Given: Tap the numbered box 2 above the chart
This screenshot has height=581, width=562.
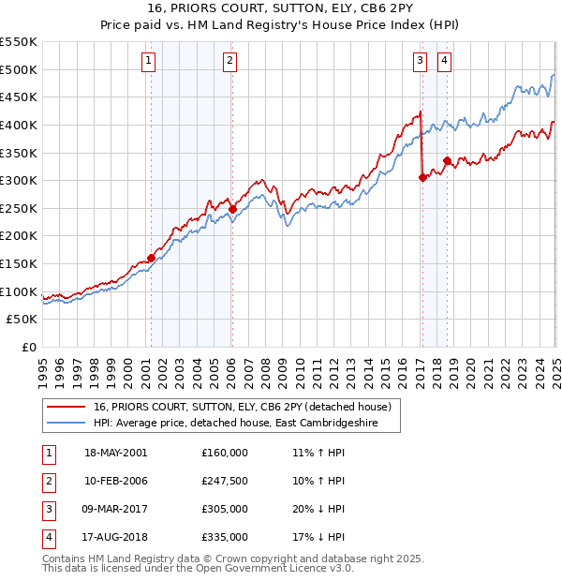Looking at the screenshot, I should (x=229, y=62).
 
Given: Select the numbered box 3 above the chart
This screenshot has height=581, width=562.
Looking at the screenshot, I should (x=420, y=62).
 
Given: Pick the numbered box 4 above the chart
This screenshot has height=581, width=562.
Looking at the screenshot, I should (x=444, y=62).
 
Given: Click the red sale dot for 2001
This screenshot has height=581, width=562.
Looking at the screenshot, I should (x=151, y=258).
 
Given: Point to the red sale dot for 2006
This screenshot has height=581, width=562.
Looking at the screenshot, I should (x=232, y=209).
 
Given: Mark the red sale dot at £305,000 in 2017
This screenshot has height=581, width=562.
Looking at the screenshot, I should (x=422, y=177).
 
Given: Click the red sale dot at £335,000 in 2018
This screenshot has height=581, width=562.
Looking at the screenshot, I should (x=447, y=160).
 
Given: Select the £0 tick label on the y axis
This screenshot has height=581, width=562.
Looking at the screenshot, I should (x=28, y=347).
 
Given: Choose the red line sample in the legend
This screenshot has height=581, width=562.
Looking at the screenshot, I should (x=65, y=407).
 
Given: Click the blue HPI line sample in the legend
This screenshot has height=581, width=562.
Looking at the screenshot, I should (x=65, y=423).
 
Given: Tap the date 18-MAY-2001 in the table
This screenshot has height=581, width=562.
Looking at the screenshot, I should (x=116, y=453).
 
